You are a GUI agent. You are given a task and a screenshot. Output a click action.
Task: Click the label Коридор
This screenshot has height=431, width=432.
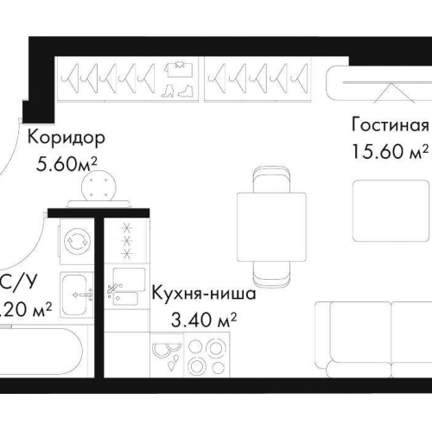(x=66, y=136)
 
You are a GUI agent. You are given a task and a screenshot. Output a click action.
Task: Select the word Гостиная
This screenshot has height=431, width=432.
(x=390, y=122)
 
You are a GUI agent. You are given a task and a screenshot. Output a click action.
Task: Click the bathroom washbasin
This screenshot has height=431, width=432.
(x=76, y=288)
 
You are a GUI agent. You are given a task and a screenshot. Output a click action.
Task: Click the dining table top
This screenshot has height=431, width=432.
(x=271, y=221)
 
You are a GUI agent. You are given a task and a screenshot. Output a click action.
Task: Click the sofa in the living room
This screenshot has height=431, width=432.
(x=372, y=341)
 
